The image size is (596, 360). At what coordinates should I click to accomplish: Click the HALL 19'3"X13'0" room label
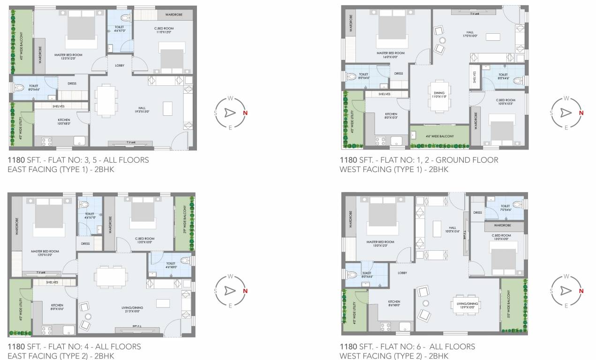click(141, 110)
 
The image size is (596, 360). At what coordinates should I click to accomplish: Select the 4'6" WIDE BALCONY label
click(440, 136)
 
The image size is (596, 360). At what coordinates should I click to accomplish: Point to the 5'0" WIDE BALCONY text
click(509, 305)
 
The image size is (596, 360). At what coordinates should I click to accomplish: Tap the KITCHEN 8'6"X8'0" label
click(394, 303)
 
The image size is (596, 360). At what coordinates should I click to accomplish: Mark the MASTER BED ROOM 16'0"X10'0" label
click(391, 55)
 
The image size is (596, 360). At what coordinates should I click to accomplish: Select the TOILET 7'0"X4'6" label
click(505, 208)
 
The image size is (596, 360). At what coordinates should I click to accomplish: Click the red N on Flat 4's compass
click(244, 291)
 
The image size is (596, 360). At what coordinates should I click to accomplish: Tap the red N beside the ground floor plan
click(581, 113)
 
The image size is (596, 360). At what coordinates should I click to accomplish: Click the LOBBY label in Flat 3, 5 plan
click(120, 65)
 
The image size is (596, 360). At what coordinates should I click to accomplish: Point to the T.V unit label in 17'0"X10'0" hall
click(475, 14)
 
